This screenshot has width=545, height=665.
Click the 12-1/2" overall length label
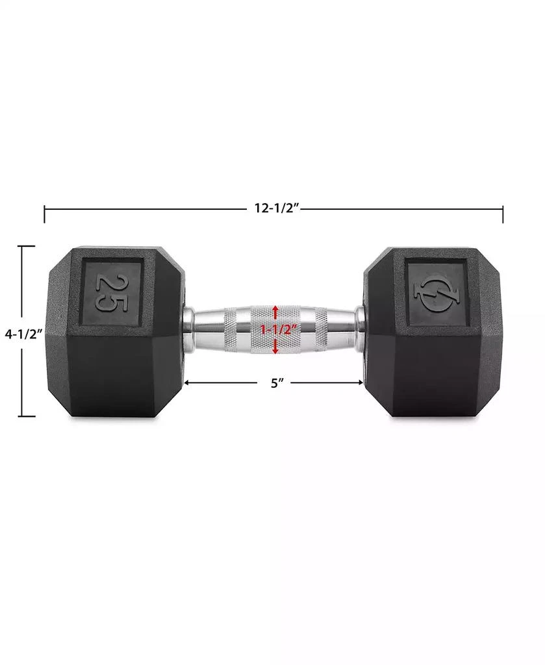click(275, 208)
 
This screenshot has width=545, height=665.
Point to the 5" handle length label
click(277, 383)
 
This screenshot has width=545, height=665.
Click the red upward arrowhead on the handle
click(276, 308)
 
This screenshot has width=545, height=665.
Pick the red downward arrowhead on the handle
click(276, 350)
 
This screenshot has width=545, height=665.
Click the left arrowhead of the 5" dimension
click(187, 383)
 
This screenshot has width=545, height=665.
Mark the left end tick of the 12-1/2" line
click(45, 214)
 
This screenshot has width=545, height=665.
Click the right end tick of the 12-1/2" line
click(503, 214)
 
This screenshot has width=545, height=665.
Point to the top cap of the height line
click(26, 246)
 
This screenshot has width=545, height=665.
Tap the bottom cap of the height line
click(26, 416)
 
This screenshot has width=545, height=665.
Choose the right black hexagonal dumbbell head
click(432, 367)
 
